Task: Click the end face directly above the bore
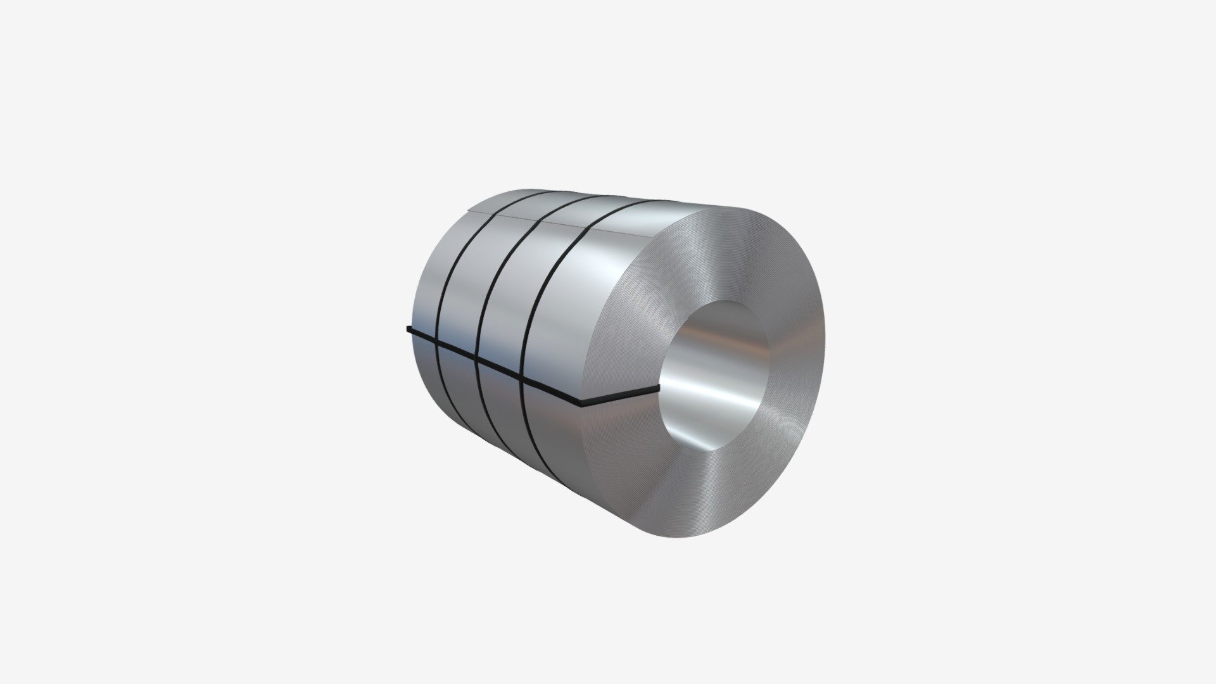[735, 253]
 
